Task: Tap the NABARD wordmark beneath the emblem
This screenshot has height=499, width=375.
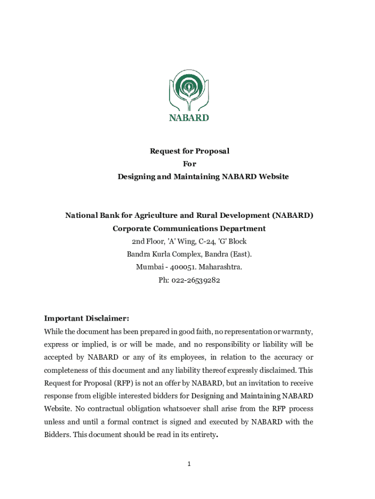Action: [188, 118]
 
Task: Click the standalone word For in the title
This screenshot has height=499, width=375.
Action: [189, 164]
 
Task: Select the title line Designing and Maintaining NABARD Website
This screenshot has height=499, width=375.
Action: [203, 176]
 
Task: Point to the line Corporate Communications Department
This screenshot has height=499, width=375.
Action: [189, 229]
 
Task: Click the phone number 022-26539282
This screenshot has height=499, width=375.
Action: [192, 280]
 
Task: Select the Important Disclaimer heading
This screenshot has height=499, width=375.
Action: [87, 319]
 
